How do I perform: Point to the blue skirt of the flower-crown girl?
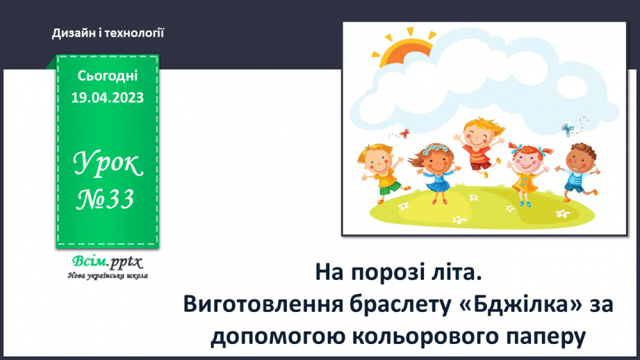436,185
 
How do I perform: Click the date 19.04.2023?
107,98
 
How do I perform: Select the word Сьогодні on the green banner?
107,76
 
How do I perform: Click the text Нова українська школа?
107,275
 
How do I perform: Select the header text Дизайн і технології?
108,33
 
